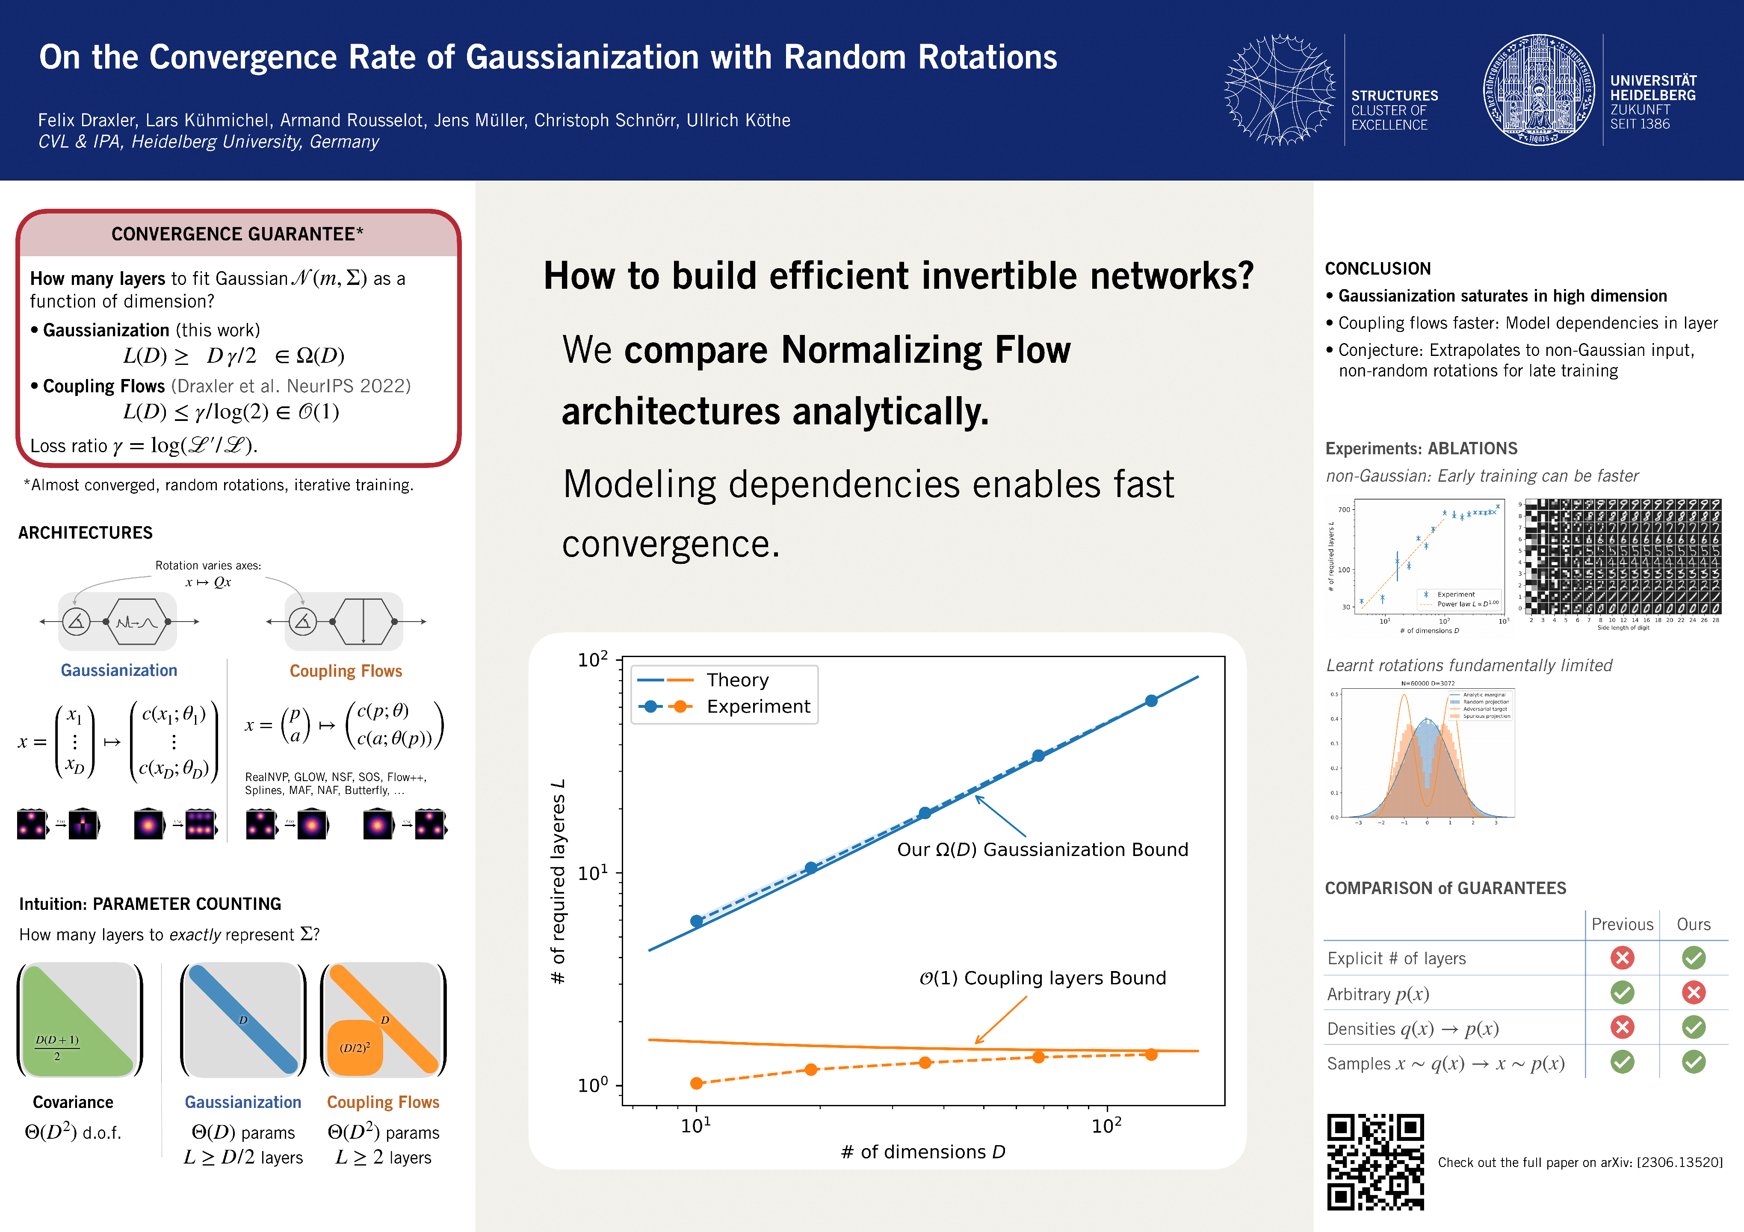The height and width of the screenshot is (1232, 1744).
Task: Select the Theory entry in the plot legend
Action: click(x=737, y=680)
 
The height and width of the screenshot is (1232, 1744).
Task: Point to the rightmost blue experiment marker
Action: click(x=1152, y=700)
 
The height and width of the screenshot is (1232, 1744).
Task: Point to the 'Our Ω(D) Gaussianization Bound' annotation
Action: click(x=1042, y=850)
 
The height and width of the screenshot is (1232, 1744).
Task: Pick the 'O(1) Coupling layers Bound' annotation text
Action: click(x=1042, y=978)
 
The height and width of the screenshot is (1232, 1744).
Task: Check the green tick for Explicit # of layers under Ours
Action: click(x=1693, y=958)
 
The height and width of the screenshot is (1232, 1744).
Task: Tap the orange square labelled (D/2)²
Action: click(x=355, y=1048)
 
